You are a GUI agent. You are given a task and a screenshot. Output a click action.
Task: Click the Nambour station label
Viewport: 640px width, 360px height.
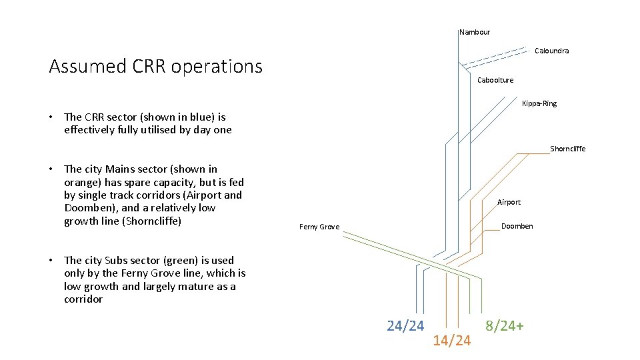point(475,32)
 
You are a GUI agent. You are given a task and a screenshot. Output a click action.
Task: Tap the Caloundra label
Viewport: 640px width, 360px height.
point(551,51)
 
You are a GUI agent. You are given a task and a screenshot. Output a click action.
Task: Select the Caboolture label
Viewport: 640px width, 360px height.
point(495,80)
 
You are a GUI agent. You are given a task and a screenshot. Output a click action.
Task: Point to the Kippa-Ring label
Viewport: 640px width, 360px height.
point(539,103)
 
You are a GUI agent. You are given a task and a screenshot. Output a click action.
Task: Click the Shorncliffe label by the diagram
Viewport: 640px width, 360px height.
point(567,149)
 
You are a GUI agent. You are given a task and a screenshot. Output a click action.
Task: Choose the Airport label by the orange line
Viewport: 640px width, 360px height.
point(509,202)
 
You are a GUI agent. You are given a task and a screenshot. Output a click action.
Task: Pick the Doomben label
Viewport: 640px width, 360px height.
point(517,226)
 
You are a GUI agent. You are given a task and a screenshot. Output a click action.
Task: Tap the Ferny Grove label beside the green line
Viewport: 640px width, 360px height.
point(319,227)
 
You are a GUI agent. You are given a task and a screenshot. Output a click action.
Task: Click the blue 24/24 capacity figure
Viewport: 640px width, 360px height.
point(405,326)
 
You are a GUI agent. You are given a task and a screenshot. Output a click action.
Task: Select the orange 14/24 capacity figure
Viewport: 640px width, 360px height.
point(451,341)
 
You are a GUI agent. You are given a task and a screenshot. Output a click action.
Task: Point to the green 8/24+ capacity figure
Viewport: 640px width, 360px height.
point(505,326)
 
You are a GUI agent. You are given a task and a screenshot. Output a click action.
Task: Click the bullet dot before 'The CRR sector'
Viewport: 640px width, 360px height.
point(52,117)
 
